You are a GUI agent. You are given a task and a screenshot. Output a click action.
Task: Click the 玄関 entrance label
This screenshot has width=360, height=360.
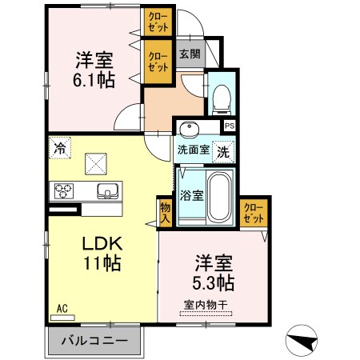pyautogui.click(x=190, y=54)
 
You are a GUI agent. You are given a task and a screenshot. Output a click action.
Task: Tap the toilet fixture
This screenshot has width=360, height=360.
pyautogui.click(x=221, y=100)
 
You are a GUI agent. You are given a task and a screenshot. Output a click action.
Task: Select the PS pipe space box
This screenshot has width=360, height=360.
pyautogui.click(x=230, y=126)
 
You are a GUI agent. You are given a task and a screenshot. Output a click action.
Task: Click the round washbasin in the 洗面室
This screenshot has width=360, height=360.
pyautogui.click(x=189, y=129)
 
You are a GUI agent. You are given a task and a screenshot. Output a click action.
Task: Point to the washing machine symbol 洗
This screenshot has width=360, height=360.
pyautogui.click(x=223, y=152)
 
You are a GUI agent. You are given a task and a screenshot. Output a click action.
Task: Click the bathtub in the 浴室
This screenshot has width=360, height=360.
pyautogui.click(x=220, y=197)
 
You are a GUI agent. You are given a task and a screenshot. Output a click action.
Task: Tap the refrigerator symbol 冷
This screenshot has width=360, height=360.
pyautogui.click(x=60, y=148)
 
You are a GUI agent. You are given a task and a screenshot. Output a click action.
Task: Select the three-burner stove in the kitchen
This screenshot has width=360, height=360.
pyautogui.click(x=64, y=190)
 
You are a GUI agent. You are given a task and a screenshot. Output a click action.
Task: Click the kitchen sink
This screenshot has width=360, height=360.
pyautogui.click(x=107, y=191)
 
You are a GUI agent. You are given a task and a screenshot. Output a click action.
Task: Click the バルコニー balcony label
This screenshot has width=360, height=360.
pyautogui.click(x=94, y=341)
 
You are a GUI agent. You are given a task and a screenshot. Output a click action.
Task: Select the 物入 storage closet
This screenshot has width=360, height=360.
pyautogui.click(x=165, y=213)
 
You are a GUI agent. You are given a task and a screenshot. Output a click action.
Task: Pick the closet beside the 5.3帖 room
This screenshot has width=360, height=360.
pyautogui.click(x=254, y=213)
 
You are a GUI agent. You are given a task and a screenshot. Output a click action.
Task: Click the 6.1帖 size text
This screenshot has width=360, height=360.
pyautogui.click(x=94, y=80)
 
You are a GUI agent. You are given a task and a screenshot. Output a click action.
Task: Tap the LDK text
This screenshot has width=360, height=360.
pyautogui.click(x=102, y=243)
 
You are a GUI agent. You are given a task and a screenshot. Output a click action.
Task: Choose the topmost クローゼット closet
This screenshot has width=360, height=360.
pyautogui.click(x=158, y=22)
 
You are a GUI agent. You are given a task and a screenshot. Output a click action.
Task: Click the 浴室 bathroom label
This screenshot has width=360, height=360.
pyautogui.click(x=191, y=195)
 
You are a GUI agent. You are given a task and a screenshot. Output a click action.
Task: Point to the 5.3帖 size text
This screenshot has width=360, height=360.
pyautogui.click(x=214, y=282)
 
